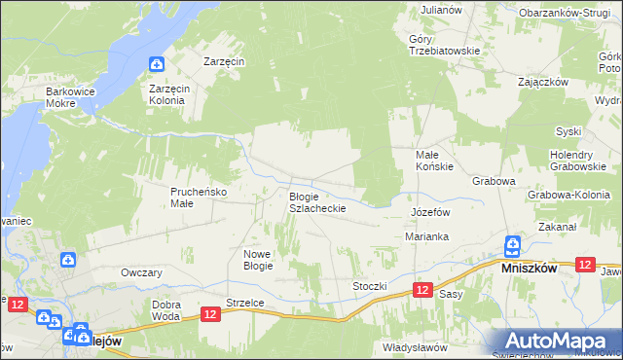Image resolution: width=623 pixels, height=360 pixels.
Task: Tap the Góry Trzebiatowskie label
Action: pos(445,45)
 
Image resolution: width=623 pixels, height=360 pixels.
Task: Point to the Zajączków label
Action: pos(543,82)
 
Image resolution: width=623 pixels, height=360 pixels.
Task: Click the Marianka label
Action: pos(426,236)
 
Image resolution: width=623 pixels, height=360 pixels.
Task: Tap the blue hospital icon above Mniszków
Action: pos(512,245)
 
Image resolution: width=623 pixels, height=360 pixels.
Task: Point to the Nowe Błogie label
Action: pos(258,259)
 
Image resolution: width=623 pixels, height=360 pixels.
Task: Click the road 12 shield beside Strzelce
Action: pos(211,313)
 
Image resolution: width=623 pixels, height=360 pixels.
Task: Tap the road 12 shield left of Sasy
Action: pos(421,290)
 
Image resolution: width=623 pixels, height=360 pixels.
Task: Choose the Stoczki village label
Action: pos(370,286)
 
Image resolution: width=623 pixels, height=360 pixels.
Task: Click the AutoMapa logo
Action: pos(557,341)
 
